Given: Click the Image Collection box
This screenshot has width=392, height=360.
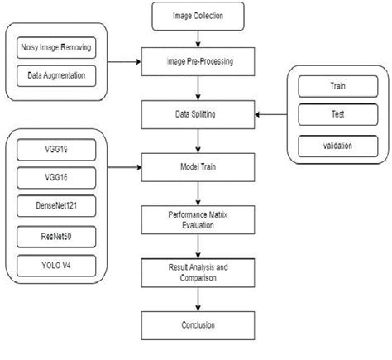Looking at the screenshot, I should [x=198, y=15].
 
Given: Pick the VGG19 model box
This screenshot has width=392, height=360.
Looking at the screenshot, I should [x=54, y=151].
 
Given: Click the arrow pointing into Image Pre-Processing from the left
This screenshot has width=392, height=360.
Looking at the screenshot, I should [x=125, y=60].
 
